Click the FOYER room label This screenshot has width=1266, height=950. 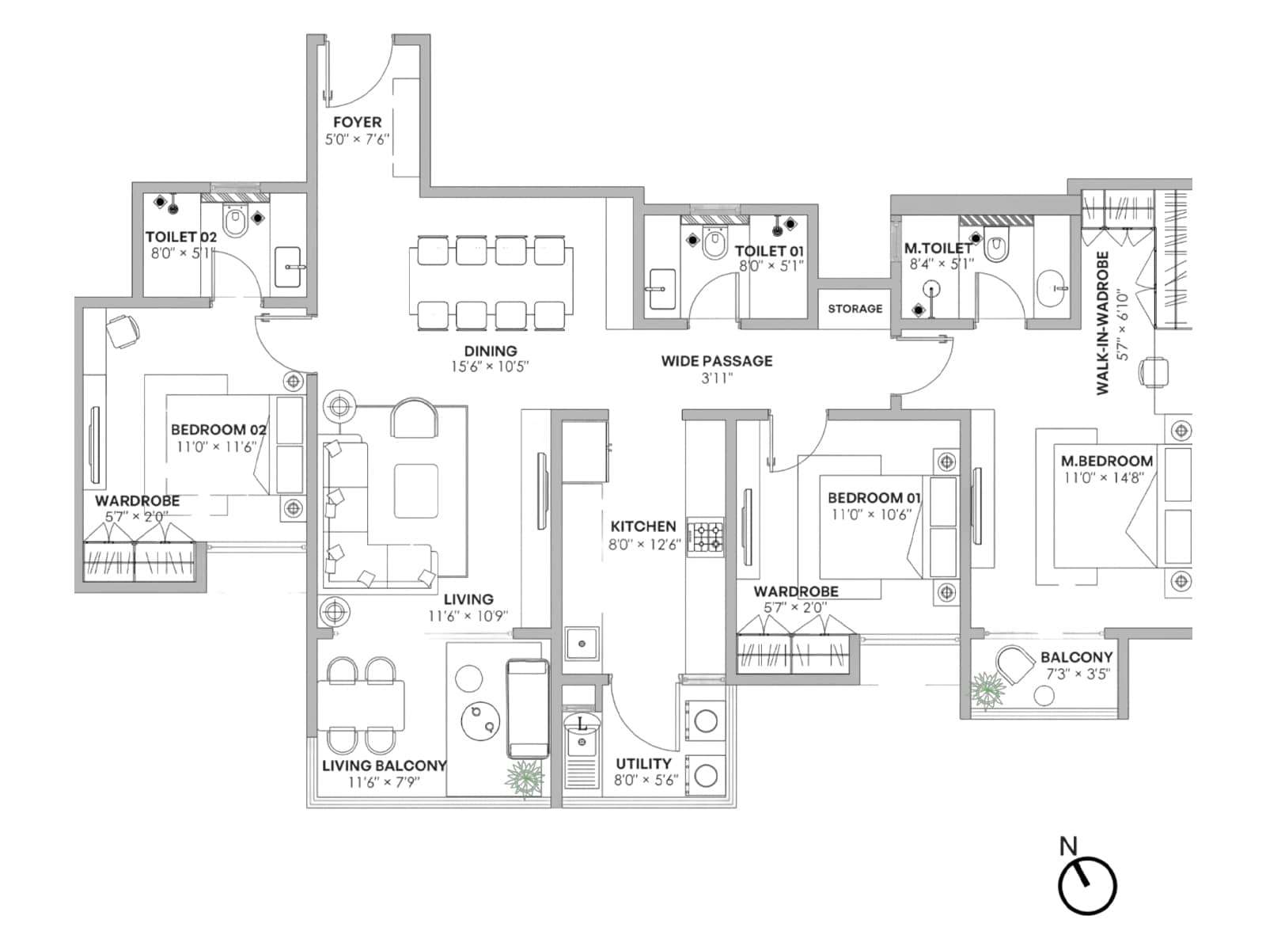(x=357, y=122)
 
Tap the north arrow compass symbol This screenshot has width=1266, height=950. (x=1086, y=885)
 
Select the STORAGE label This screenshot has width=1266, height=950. (x=855, y=309)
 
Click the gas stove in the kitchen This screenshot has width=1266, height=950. (x=705, y=537)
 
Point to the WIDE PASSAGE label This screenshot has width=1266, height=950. (x=716, y=361)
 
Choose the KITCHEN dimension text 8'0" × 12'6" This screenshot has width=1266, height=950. (x=644, y=544)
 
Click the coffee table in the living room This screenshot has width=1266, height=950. (x=416, y=491)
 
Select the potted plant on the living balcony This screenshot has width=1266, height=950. (x=525, y=779)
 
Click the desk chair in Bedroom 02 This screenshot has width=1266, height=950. (x=123, y=331)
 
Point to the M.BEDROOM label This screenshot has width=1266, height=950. (x=1107, y=461)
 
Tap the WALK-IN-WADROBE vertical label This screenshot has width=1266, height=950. (x=1102, y=323)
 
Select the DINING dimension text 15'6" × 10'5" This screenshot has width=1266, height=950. (x=490, y=367)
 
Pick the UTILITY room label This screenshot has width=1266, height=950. (x=643, y=764)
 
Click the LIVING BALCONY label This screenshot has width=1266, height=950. (x=384, y=766)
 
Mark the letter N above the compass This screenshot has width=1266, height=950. (x=1068, y=846)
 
